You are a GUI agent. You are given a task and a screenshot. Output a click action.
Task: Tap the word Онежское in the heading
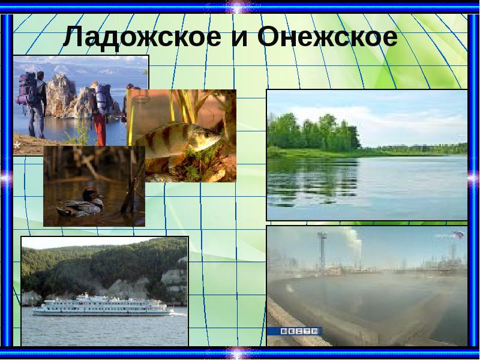tap(328, 38)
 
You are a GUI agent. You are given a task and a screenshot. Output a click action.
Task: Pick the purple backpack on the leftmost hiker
tap(28, 87)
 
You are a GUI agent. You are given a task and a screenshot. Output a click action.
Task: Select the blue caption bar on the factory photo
tap(295, 331)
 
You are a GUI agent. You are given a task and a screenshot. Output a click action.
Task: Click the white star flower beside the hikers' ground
tap(16, 145)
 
